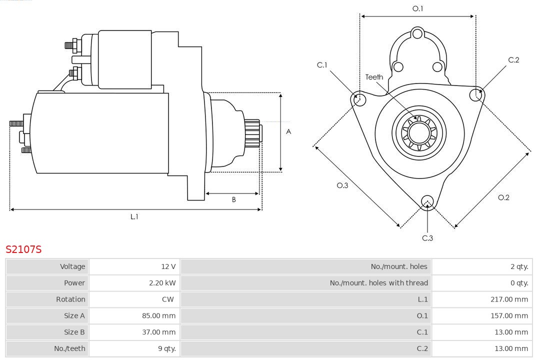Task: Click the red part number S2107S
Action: click(x=23, y=249)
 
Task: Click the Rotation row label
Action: click(x=70, y=299)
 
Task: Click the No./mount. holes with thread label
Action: click(x=378, y=283)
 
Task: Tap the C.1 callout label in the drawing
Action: click(x=322, y=65)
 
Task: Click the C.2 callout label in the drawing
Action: click(x=513, y=60)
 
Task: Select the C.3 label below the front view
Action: click(x=427, y=238)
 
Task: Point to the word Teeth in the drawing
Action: click(x=374, y=77)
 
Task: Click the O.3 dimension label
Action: click(x=342, y=185)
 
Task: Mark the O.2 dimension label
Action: click(x=503, y=197)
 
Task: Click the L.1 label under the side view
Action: click(x=134, y=216)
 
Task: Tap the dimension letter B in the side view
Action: click(x=233, y=199)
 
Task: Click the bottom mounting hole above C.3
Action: click(x=427, y=201)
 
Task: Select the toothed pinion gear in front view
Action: click(x=419, y=132)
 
